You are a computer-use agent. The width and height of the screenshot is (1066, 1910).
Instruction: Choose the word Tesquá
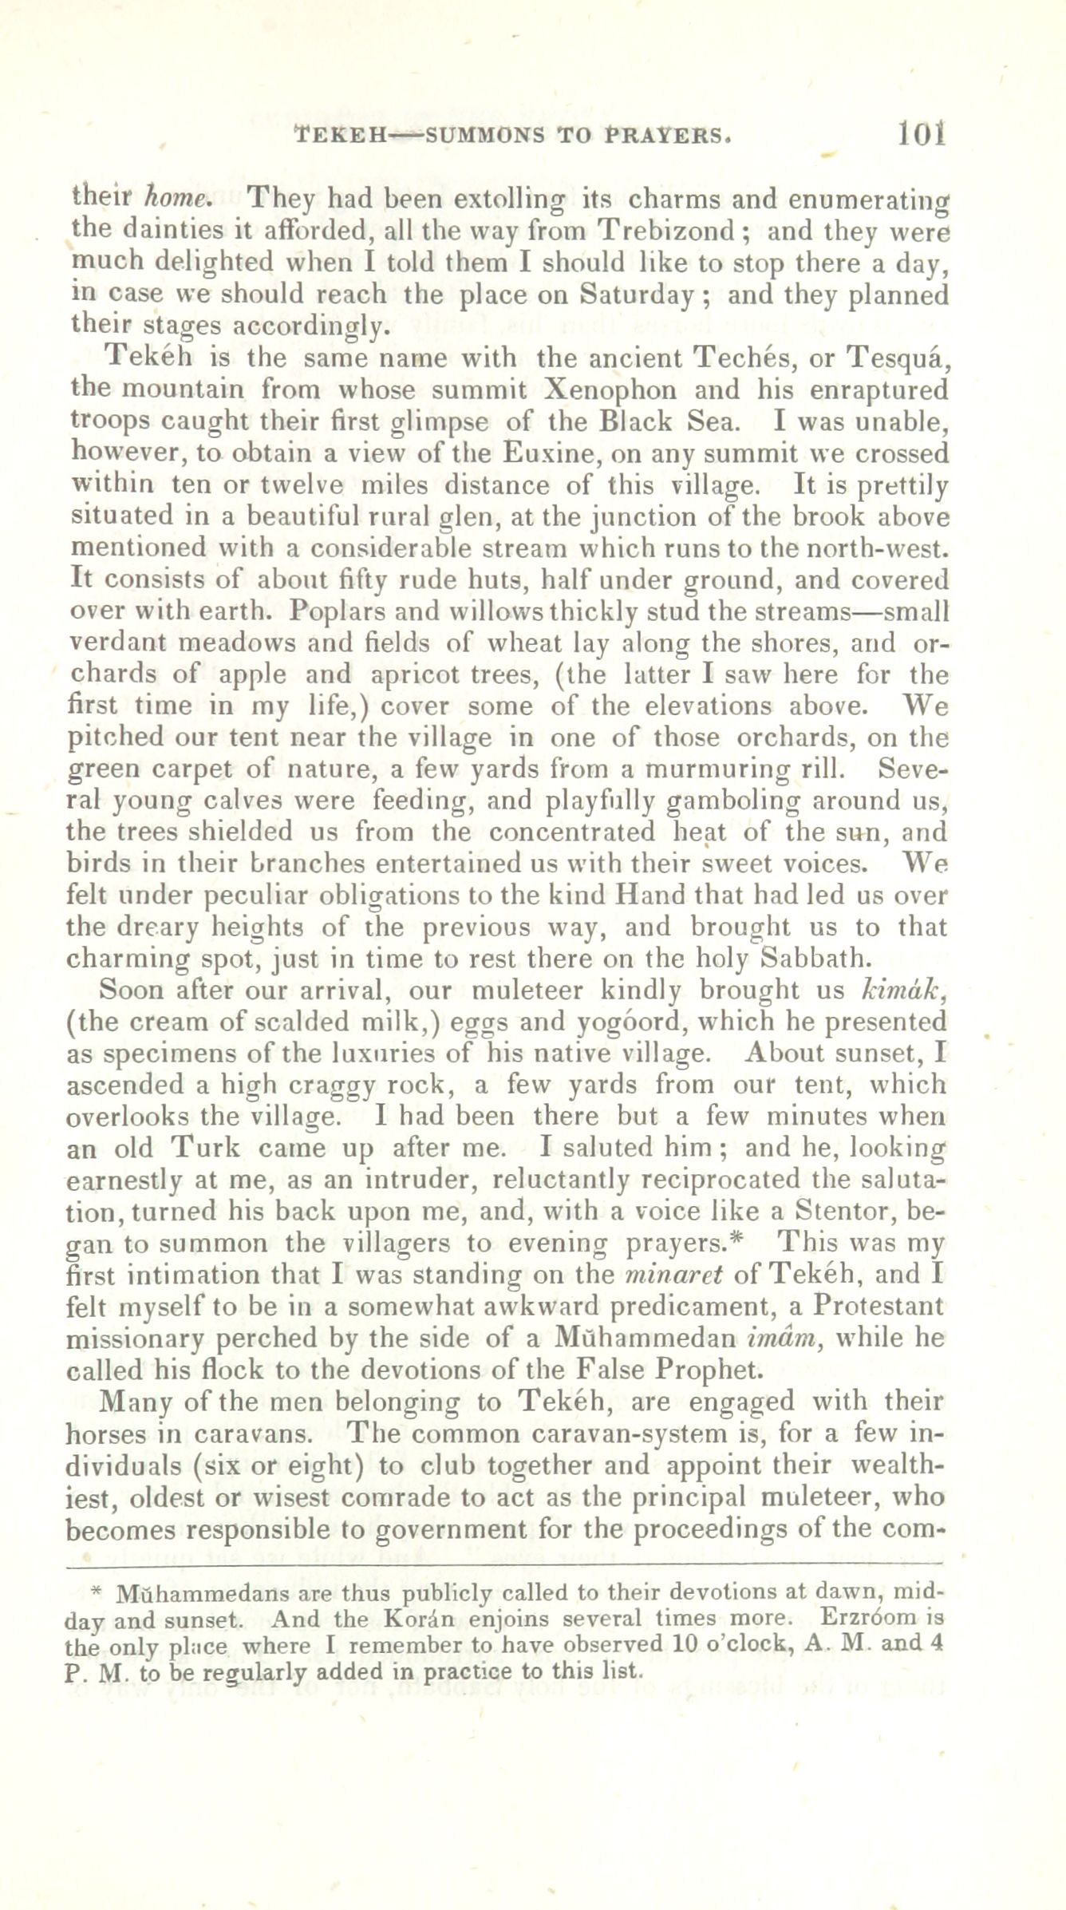898,358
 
